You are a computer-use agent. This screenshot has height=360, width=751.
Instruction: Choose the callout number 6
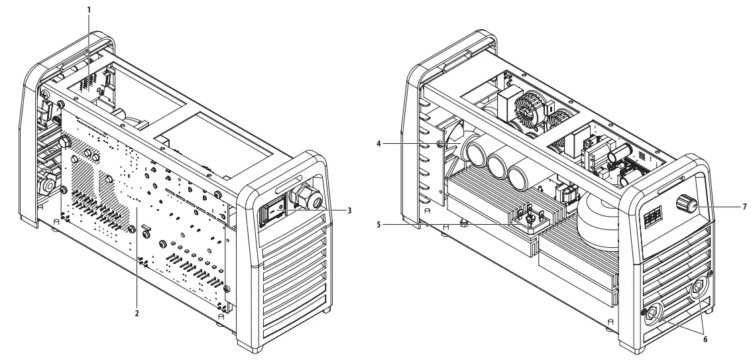[705, 338]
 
